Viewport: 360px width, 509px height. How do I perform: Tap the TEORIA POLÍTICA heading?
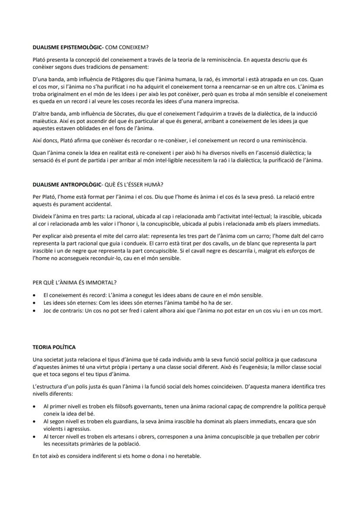coord(54,347)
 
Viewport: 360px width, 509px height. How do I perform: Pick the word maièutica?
coord(46,122)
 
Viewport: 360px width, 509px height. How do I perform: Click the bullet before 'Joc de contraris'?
coord(35,311)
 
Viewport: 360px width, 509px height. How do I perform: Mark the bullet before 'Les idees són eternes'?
coord(35,303)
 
